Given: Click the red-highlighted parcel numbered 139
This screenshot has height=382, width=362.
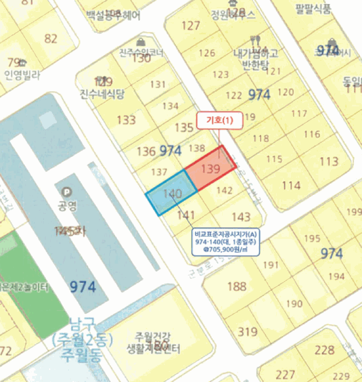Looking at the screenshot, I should tap(210, 169).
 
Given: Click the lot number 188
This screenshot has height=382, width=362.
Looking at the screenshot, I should tap(236, 286).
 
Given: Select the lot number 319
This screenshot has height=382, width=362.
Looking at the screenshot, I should tap(248, 331).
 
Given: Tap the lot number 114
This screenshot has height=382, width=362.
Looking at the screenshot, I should tap(291, 186).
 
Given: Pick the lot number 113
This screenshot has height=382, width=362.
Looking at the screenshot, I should tap(329, 162).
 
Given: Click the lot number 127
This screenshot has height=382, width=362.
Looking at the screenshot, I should tap(191, 26).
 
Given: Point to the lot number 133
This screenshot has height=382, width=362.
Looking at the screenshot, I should tap(126, 120).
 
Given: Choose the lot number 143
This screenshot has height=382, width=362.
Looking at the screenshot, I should tap(241, 216).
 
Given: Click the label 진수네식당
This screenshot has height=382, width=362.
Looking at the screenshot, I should tap(102, 93).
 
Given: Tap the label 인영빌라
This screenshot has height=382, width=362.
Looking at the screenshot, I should tap(22, 75).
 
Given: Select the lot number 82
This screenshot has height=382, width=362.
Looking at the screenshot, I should tap(51, 38).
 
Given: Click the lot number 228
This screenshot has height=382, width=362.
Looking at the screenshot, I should tap(324, 350).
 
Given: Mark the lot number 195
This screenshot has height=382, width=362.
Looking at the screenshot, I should tap(312, 238).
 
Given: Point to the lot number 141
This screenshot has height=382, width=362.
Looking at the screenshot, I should tap(186, 214).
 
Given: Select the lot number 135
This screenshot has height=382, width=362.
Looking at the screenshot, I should tap(183, 128).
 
